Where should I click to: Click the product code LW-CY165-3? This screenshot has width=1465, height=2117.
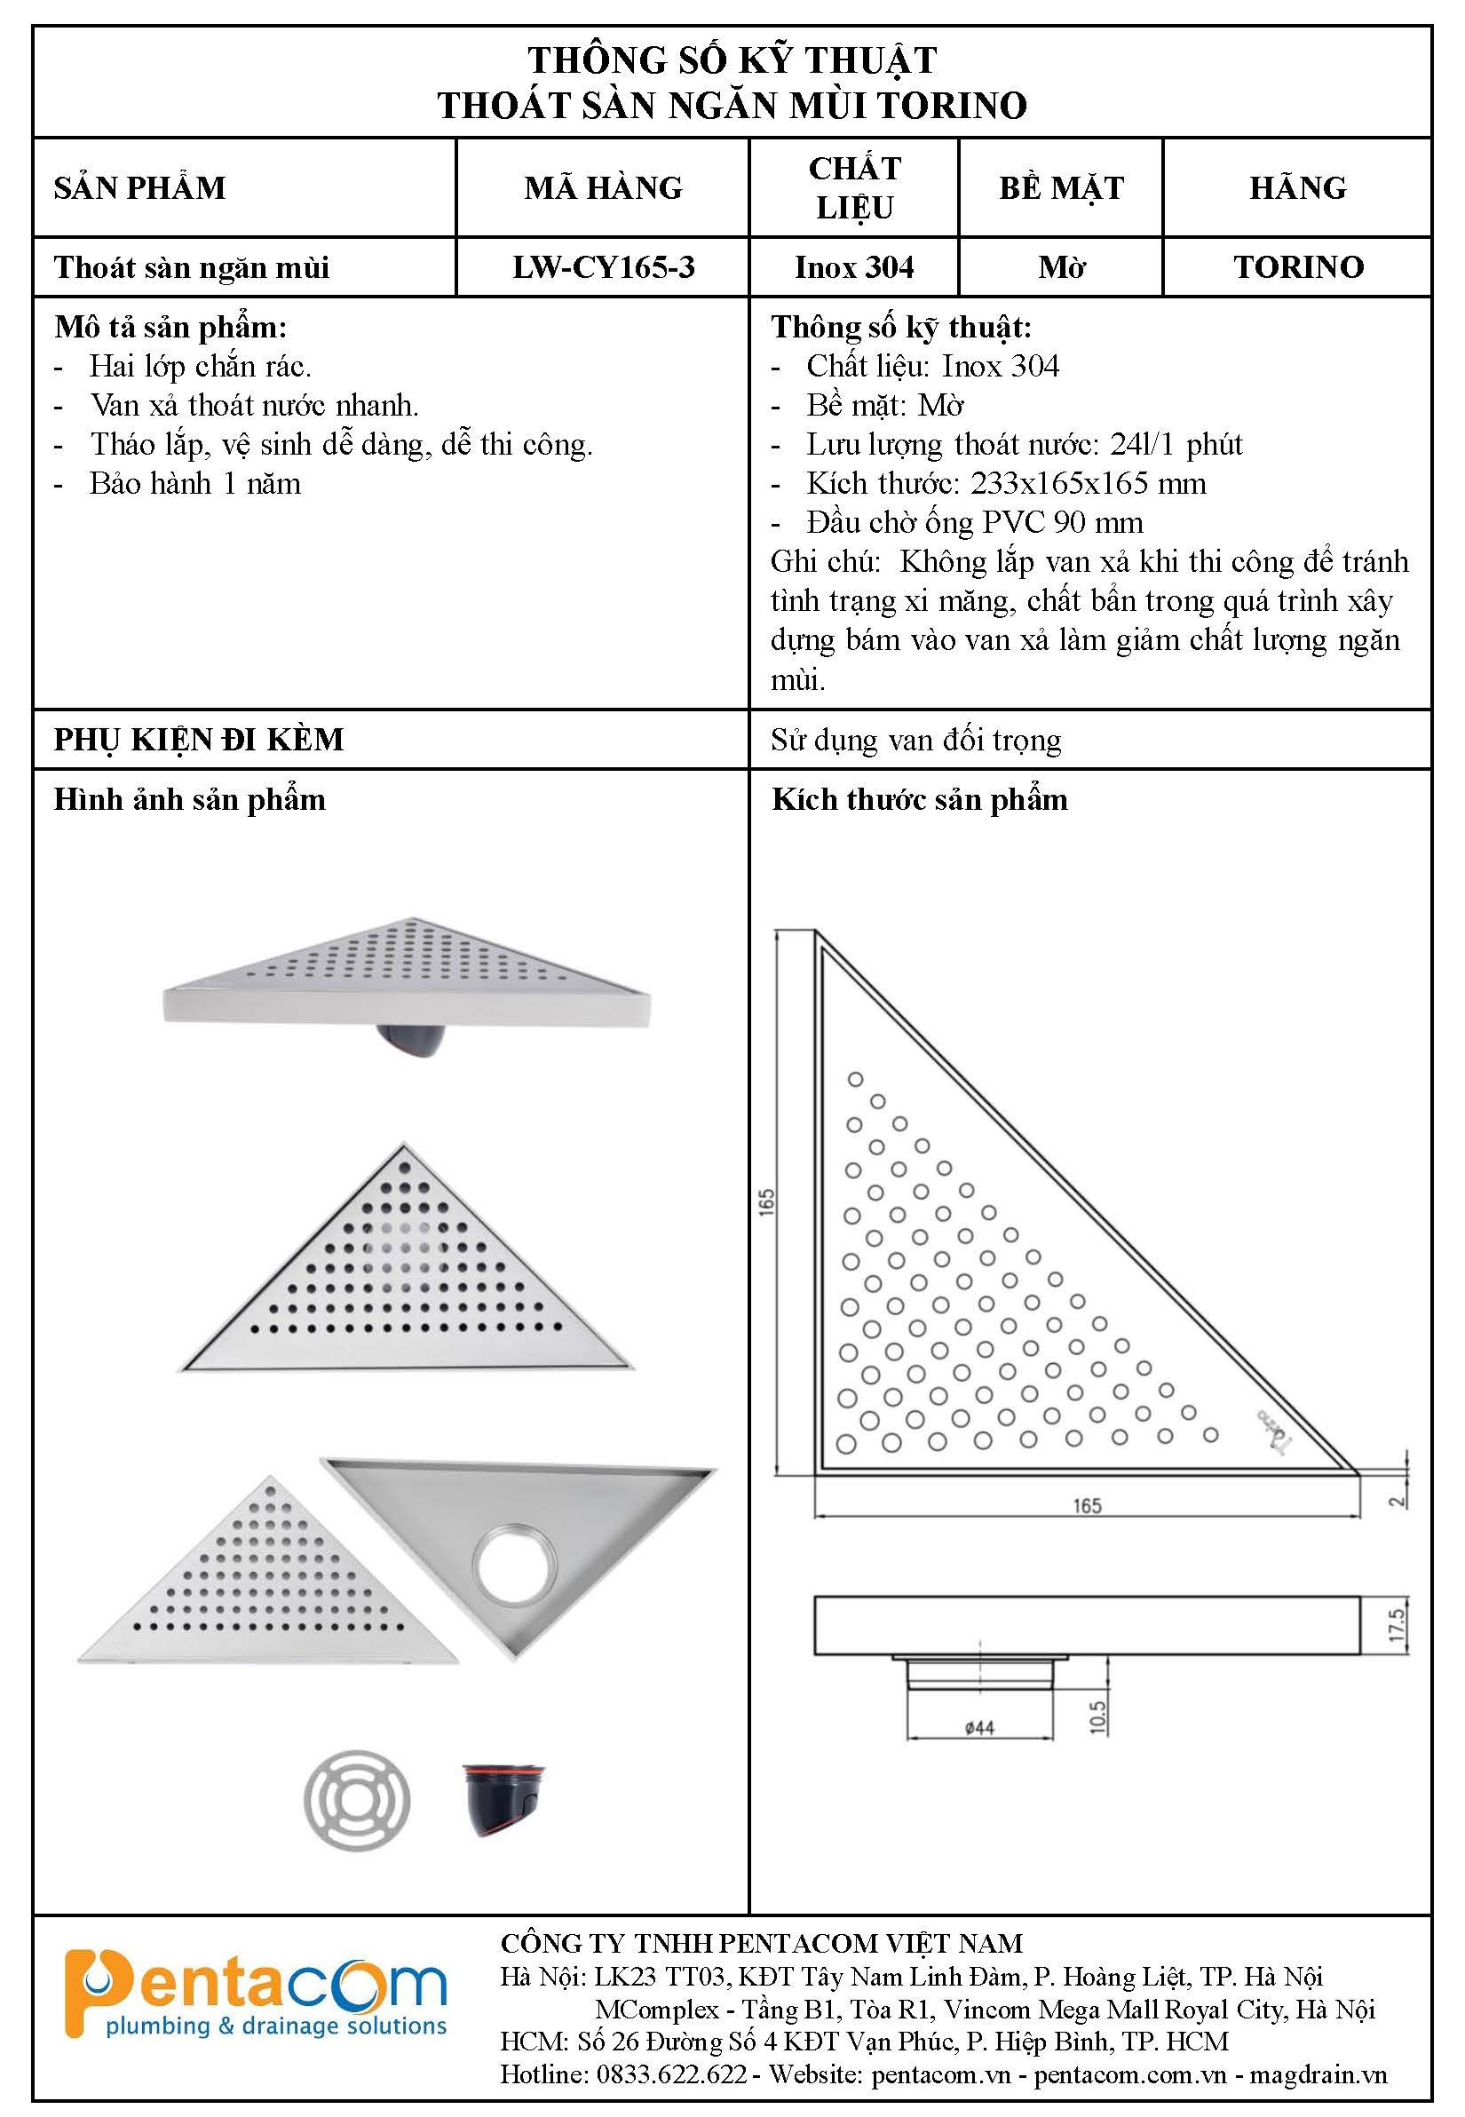point(603,267)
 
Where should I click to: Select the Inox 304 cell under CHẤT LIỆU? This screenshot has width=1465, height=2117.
point(853,267)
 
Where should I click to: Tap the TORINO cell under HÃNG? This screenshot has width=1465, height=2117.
point(1298,267)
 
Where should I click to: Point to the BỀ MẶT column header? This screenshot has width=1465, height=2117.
point(1061,188)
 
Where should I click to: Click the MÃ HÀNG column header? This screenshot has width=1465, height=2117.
point(603,188)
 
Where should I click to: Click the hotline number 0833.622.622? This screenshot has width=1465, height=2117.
point(672,2073)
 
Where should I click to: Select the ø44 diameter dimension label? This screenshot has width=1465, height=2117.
point(979,1728)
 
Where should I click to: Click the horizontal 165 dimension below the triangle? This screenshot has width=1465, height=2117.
point(1087,1507)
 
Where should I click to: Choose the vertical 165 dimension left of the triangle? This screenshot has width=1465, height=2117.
point(767,1201)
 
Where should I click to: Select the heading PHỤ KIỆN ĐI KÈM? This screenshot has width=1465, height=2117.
point(198,739)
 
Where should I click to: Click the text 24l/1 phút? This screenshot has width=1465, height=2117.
point(1176,444)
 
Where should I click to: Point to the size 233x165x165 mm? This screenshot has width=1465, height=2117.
point(1088,484)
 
